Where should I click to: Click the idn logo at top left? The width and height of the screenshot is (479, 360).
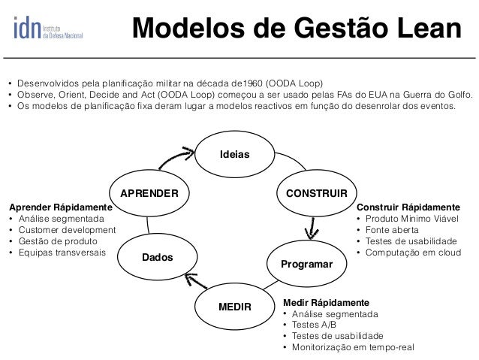(x=47, y=26)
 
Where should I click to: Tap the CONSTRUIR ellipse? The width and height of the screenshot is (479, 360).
(x=312, y=192)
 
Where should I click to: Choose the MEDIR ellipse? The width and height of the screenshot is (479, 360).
(x=233, y=307)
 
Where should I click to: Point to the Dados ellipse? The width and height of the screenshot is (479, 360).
(x=157, y=257)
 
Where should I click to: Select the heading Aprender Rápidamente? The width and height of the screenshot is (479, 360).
(x=59, y=206)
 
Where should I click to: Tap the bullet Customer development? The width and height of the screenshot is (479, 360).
(x=66, y=229)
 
